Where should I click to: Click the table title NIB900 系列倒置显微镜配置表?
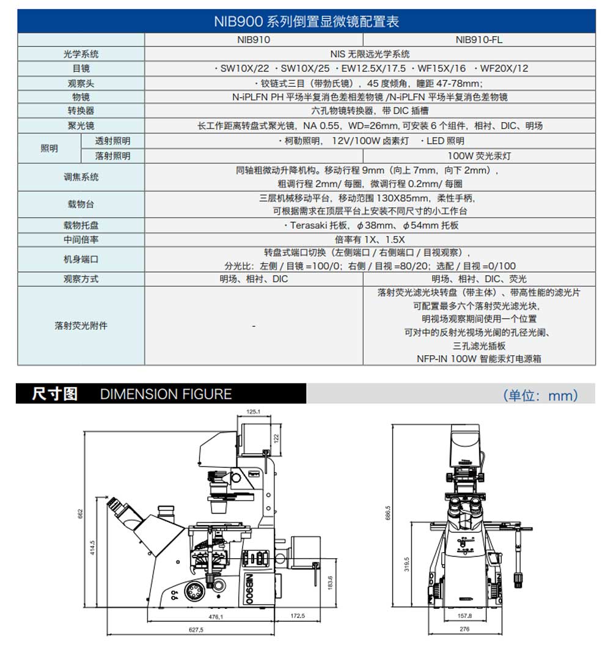tap(306, 21)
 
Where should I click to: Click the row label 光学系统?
tap(81, 54)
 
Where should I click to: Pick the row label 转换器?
tap(81, 111)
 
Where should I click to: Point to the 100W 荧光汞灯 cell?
tap(479, 156)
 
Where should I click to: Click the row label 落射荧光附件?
tap(81, 326)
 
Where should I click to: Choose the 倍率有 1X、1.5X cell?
tap(369, 240)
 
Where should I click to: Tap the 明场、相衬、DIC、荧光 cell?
tap(479, 279)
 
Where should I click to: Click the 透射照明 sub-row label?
tap(112, 141)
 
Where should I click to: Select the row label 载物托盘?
tap(81, 226)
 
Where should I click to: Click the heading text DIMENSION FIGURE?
tap(166, 394)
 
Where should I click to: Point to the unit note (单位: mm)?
tap(540, 395)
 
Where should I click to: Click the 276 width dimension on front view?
tap(464, 629)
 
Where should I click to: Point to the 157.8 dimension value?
tap(465, 616)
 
